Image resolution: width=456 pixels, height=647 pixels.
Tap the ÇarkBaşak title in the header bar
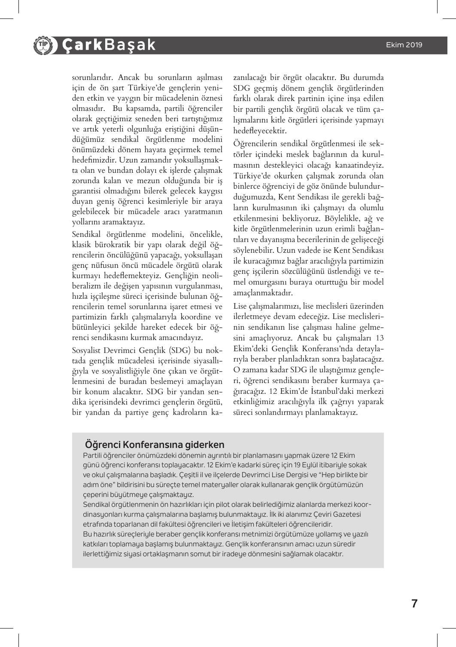pos(108,45)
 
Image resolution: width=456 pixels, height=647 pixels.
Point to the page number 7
pos(414,604)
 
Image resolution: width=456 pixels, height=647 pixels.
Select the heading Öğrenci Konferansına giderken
pos(155,444)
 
